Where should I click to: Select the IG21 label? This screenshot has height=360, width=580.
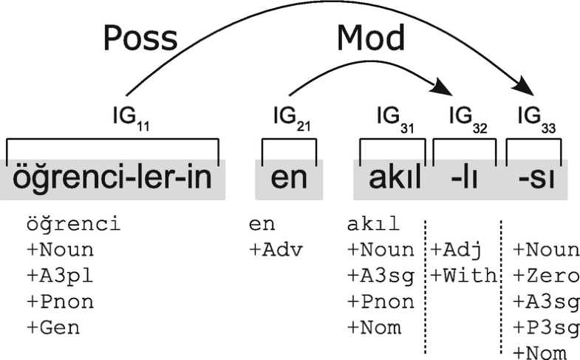point(290,118)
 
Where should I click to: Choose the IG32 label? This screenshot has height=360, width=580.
point(468,119)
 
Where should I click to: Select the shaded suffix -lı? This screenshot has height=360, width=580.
point(465,179)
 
